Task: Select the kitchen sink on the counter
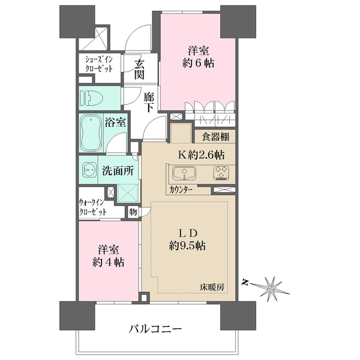point(182,173)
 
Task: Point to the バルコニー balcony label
point(155,329)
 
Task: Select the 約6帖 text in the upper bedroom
point(199,62)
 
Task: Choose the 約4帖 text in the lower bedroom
point(108,262)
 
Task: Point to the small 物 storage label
point(133,211)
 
